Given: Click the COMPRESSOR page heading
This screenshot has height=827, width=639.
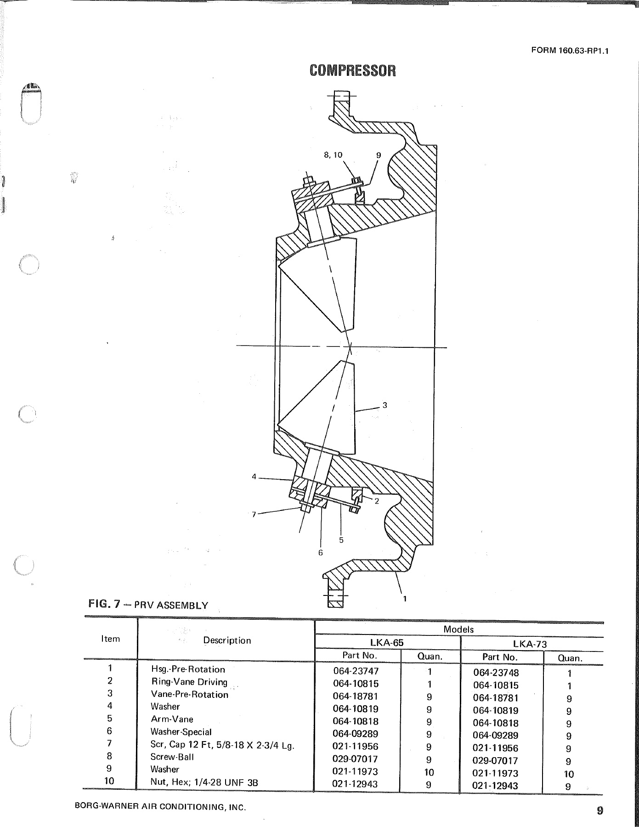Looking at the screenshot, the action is pyautogui.click(x=352, y=70).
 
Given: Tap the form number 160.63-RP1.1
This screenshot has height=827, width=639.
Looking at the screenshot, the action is pyautogui.click(x=570, y=51).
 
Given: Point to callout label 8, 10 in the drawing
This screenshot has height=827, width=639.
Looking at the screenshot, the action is pyautogui.click(x=333, y=155).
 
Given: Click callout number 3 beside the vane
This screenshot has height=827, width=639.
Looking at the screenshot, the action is pyautogui.click(x=385, y=405).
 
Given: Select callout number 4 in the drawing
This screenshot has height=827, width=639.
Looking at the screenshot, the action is pyautogui.click(x=254, y=476).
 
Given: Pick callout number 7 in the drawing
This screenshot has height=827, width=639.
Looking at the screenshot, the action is pyautogui.click(x=254, y=514).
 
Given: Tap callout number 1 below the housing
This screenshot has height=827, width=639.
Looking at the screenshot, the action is pyautogui.click(x=405, y=598).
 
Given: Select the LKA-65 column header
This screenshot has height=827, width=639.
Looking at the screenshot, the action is pyautogui.click(x=387, y=643).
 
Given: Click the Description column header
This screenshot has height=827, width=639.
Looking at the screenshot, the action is pyautogui.click(x=227, y=640).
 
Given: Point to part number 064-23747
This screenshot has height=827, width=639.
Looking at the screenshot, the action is pyautogui.click(x=356, y=671).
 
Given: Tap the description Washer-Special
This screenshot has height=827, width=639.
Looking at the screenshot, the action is pyautogui.click(x=181, y=732).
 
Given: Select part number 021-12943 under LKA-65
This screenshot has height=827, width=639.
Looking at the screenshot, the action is pyautogui.click(x=355, y=784).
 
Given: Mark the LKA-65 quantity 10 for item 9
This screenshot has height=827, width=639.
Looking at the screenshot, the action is pyautogui.click(x=428, y=772).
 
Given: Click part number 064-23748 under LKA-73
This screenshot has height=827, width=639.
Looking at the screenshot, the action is pyautogui.click(x=496, y=673).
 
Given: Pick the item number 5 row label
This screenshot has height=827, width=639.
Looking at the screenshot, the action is pyautogui.click(x=110, y=719).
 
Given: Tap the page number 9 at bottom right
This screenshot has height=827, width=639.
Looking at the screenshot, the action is pyautogui.click(x=599, y=810).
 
